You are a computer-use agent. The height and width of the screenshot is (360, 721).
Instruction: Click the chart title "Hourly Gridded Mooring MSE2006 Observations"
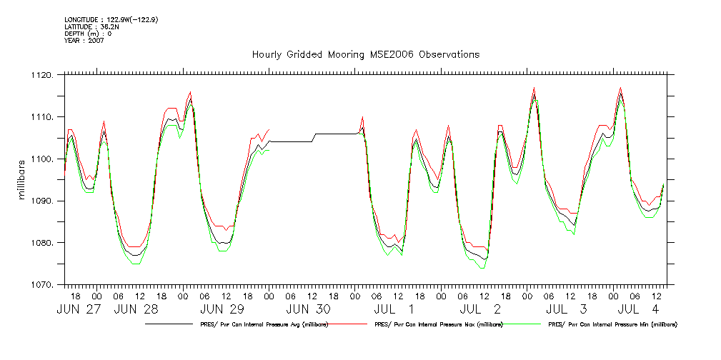click(x=365, y=54)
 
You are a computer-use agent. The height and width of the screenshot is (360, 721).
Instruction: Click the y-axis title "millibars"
click(x=23, y=180)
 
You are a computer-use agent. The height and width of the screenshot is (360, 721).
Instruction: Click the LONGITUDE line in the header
click(x=111, y=20)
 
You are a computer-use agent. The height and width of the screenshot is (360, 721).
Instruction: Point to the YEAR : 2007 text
click(x=84, y=40)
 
